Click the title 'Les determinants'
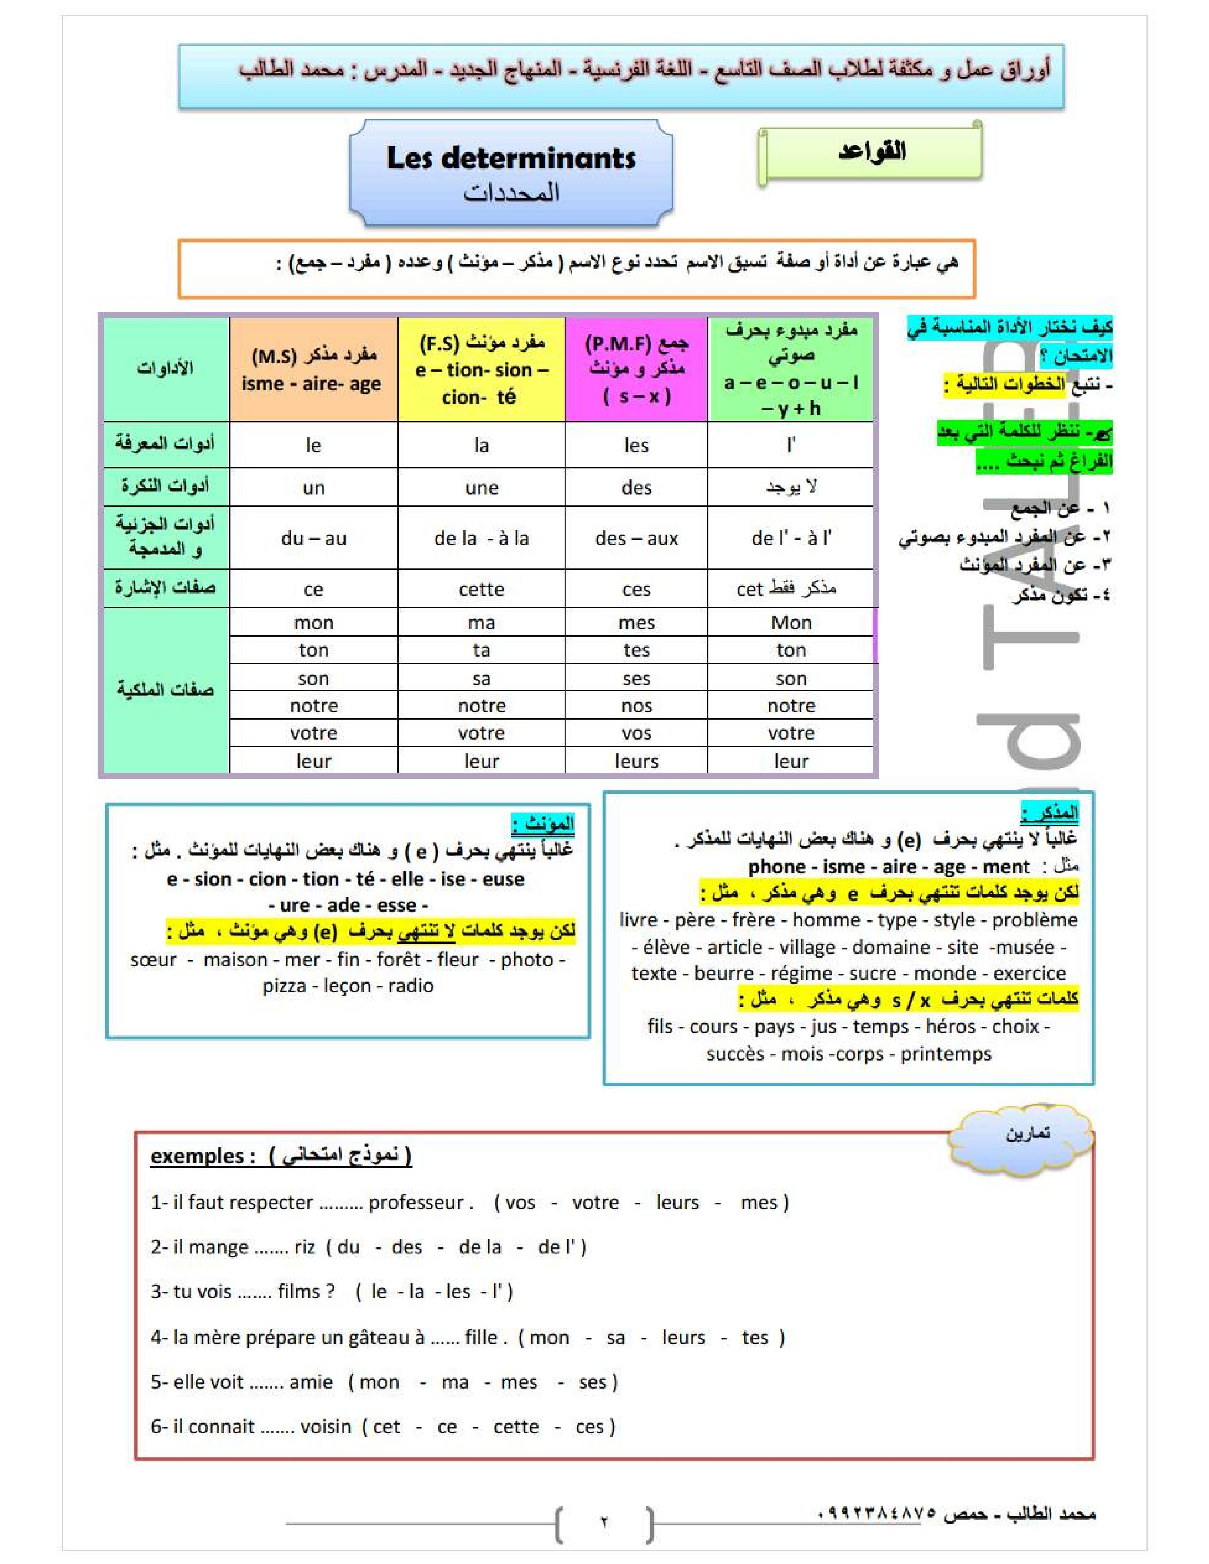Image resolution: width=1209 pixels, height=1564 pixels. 511,158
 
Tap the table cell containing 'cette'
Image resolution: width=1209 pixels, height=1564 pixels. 481,589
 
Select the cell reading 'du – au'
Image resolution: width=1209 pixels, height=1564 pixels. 314,539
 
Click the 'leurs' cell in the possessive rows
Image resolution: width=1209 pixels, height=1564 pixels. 636,761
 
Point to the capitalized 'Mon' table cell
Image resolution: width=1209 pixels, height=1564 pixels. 791,623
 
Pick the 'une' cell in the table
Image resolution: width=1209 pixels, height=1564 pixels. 481,488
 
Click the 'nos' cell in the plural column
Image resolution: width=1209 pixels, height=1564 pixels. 636,706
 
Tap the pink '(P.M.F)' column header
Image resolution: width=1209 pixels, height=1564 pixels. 636,369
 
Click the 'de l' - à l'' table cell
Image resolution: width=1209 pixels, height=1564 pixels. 791,539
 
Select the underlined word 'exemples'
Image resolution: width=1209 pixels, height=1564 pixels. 197,1156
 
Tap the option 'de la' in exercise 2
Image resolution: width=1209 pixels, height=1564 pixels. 480,1247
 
